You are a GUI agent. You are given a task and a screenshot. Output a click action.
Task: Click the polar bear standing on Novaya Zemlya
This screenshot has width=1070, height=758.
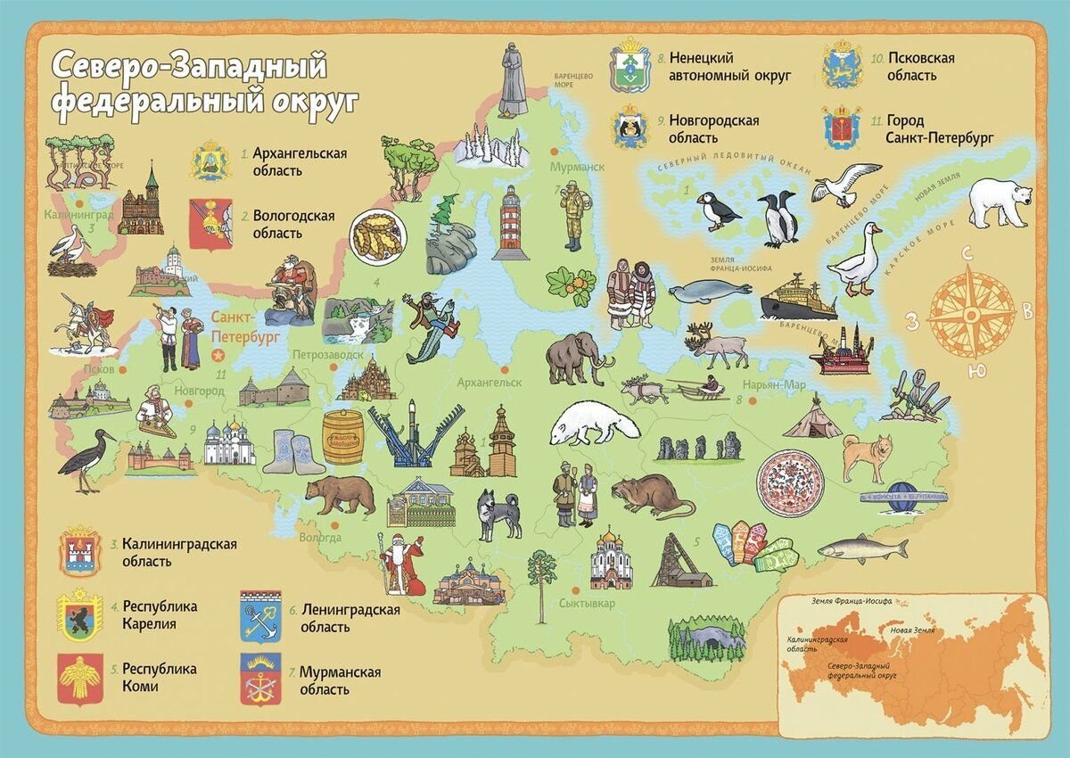point(1000,201)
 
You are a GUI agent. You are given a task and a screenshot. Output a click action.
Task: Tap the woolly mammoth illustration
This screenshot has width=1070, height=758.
point(579,358)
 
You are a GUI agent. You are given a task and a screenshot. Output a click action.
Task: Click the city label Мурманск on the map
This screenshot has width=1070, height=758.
point(576,167)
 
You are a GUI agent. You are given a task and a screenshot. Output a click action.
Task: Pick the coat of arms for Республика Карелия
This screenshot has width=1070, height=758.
point(79,614)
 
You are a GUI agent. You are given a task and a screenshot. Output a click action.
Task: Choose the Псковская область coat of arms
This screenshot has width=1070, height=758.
point(842,66)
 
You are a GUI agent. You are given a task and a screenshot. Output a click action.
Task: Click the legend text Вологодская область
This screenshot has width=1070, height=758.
point(293,224)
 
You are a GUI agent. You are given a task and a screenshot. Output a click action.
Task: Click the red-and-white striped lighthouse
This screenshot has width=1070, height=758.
point(511,223)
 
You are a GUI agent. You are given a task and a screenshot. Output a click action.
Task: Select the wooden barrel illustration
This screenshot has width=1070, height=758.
point(342,437)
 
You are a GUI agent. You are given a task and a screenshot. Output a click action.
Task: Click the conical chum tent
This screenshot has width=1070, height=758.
point(811,418)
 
